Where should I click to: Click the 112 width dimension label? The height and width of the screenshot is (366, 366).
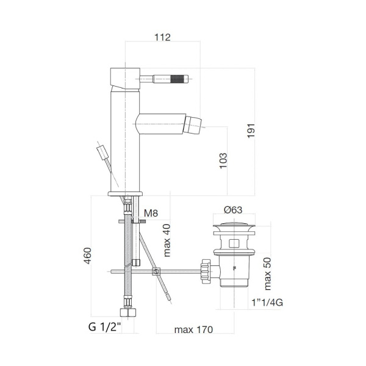(x=162, y=37)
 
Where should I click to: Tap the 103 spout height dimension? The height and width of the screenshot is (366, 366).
(x=223, y=160)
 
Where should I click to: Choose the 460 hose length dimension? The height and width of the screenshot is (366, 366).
(x=87, y=258)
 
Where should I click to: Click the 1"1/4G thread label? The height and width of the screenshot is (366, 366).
(x=266, y=302)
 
